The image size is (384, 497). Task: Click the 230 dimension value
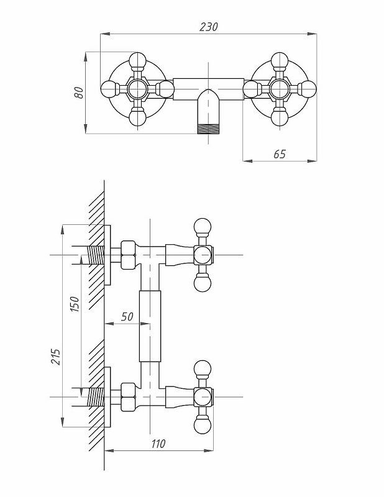(208, 27)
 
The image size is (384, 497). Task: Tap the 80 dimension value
(79, 91)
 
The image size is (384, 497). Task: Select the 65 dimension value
(279, 153)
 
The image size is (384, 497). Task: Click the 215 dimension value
(55, 355)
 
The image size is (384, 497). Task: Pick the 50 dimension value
(127, 316)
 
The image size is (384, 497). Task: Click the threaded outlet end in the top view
(207, 130)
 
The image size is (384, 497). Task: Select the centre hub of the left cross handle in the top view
(137, 89)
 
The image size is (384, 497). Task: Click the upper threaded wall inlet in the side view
(94, 255)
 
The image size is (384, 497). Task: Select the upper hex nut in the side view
(128, 255)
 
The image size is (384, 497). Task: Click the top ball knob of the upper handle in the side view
(203, 226)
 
